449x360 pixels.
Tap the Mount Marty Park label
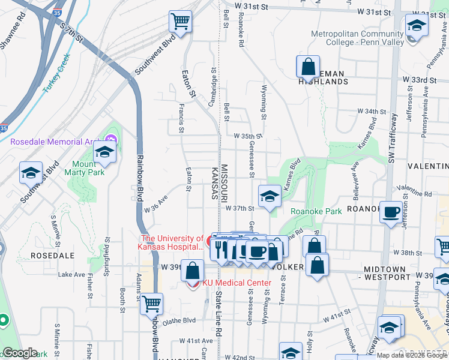tap(88, 168)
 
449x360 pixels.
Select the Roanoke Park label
tap(316, 211)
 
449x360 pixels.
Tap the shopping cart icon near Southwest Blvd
tap(180, 22)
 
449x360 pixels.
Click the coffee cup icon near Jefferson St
tap(391, 212)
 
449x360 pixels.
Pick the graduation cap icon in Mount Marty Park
tap(104, 152)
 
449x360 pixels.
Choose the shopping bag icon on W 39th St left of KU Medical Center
tap(193, 271)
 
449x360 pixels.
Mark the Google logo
tap(20, 353)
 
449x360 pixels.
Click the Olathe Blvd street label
tap(179, 320)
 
